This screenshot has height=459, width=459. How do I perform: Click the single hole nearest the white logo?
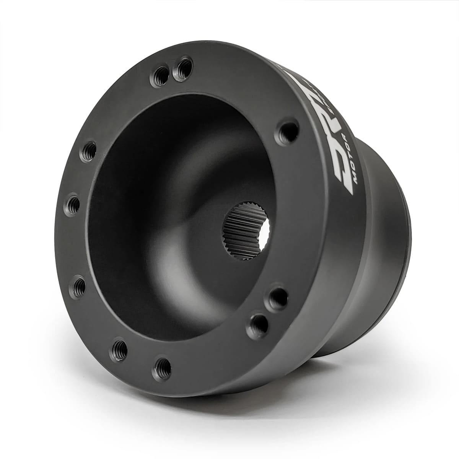click(285, 131)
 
